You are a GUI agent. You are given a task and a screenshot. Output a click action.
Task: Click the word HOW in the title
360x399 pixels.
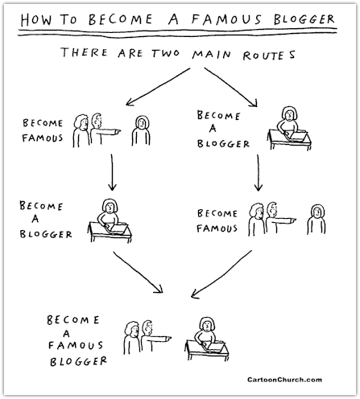pyautogui.click(x=36, y=20)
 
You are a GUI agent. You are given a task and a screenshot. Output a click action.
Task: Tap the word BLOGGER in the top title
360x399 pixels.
pyautogui.click(x=304, y=19)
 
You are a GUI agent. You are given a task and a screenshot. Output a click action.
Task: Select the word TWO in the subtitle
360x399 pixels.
pyautogui.click(x=165, y=53)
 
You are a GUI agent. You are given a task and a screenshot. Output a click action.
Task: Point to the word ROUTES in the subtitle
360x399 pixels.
pyautogui.click(x=269, y=56)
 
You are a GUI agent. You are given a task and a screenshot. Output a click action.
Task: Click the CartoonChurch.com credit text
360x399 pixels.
pyautogui.click(x=284, y=380)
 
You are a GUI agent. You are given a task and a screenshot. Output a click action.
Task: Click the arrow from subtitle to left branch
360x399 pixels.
pyautogui.click(x=158, y=87)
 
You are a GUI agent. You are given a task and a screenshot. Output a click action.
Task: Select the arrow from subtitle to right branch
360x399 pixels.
pyautogui.click(x=231, y=87)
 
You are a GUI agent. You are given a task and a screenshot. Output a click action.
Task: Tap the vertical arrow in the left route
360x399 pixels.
pyautogui.click(x=112, y=172)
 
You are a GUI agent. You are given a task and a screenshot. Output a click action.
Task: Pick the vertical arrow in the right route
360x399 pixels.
pyautogui.click(x=259, y=173)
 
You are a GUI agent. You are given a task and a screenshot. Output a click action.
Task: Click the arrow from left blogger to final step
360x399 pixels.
pyautogui.click(x=138, y=272)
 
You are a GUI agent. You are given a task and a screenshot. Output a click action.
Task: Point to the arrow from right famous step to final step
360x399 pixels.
pyautogui.click(x=221, y=274)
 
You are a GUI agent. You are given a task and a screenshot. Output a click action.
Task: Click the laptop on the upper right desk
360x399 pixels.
pyautogui.click(x=296, y=136)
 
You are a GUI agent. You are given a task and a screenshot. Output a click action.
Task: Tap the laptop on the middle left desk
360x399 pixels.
pyautogui.click(x=117, y=228)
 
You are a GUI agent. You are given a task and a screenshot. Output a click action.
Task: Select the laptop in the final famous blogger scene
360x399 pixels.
pyautogui.click(x=214, y=347)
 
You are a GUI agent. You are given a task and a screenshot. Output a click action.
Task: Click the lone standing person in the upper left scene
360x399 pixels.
pyautogui.click(x=141, y=130)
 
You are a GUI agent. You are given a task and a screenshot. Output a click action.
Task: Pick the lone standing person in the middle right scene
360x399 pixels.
pyautogui.click(x=317, y=220)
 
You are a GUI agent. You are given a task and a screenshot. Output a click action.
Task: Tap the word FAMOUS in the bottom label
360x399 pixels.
pyautogui.click(x=76, y=345)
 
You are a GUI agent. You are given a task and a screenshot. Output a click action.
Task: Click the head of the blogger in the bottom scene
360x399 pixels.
pyautogui.click(x=207, y=324)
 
